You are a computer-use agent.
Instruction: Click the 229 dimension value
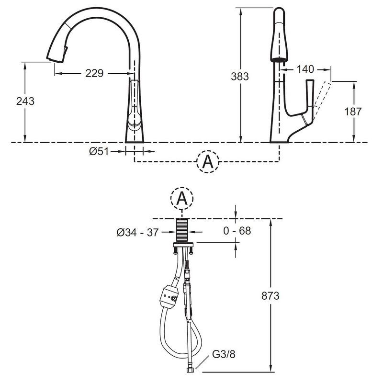(94, 73)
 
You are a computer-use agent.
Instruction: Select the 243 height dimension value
(25, 101)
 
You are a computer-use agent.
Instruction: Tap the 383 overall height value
(240, 77)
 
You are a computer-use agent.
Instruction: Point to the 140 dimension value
(305, 69)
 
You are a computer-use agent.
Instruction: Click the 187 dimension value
(352, 112)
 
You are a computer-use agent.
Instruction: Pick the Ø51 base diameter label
(99, 152)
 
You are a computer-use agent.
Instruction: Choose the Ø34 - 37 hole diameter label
(137, 232)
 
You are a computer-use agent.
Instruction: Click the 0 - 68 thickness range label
(237, 231)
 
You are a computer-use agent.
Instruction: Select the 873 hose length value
(270, 296)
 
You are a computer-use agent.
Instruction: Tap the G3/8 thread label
(224, 354)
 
